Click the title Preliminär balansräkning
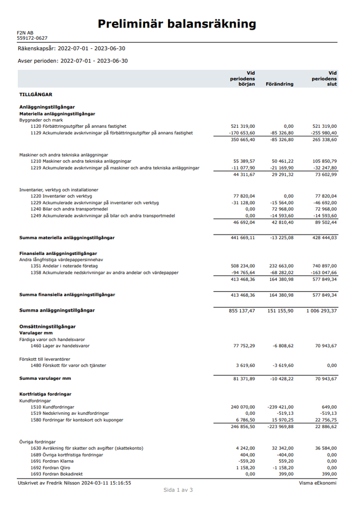coord(177,23)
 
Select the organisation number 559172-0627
coord(32,38)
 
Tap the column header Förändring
coord(280,84)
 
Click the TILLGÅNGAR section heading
coord(36,95)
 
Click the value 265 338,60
coord(323,139)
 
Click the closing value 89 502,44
coord(323,222)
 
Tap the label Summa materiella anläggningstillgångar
coord(67,238)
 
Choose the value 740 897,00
coord(323,266)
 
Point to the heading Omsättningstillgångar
coord(47,326)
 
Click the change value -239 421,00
coord(281,407)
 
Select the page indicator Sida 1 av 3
coord(178,490)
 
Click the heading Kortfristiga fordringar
coord(45,394)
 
